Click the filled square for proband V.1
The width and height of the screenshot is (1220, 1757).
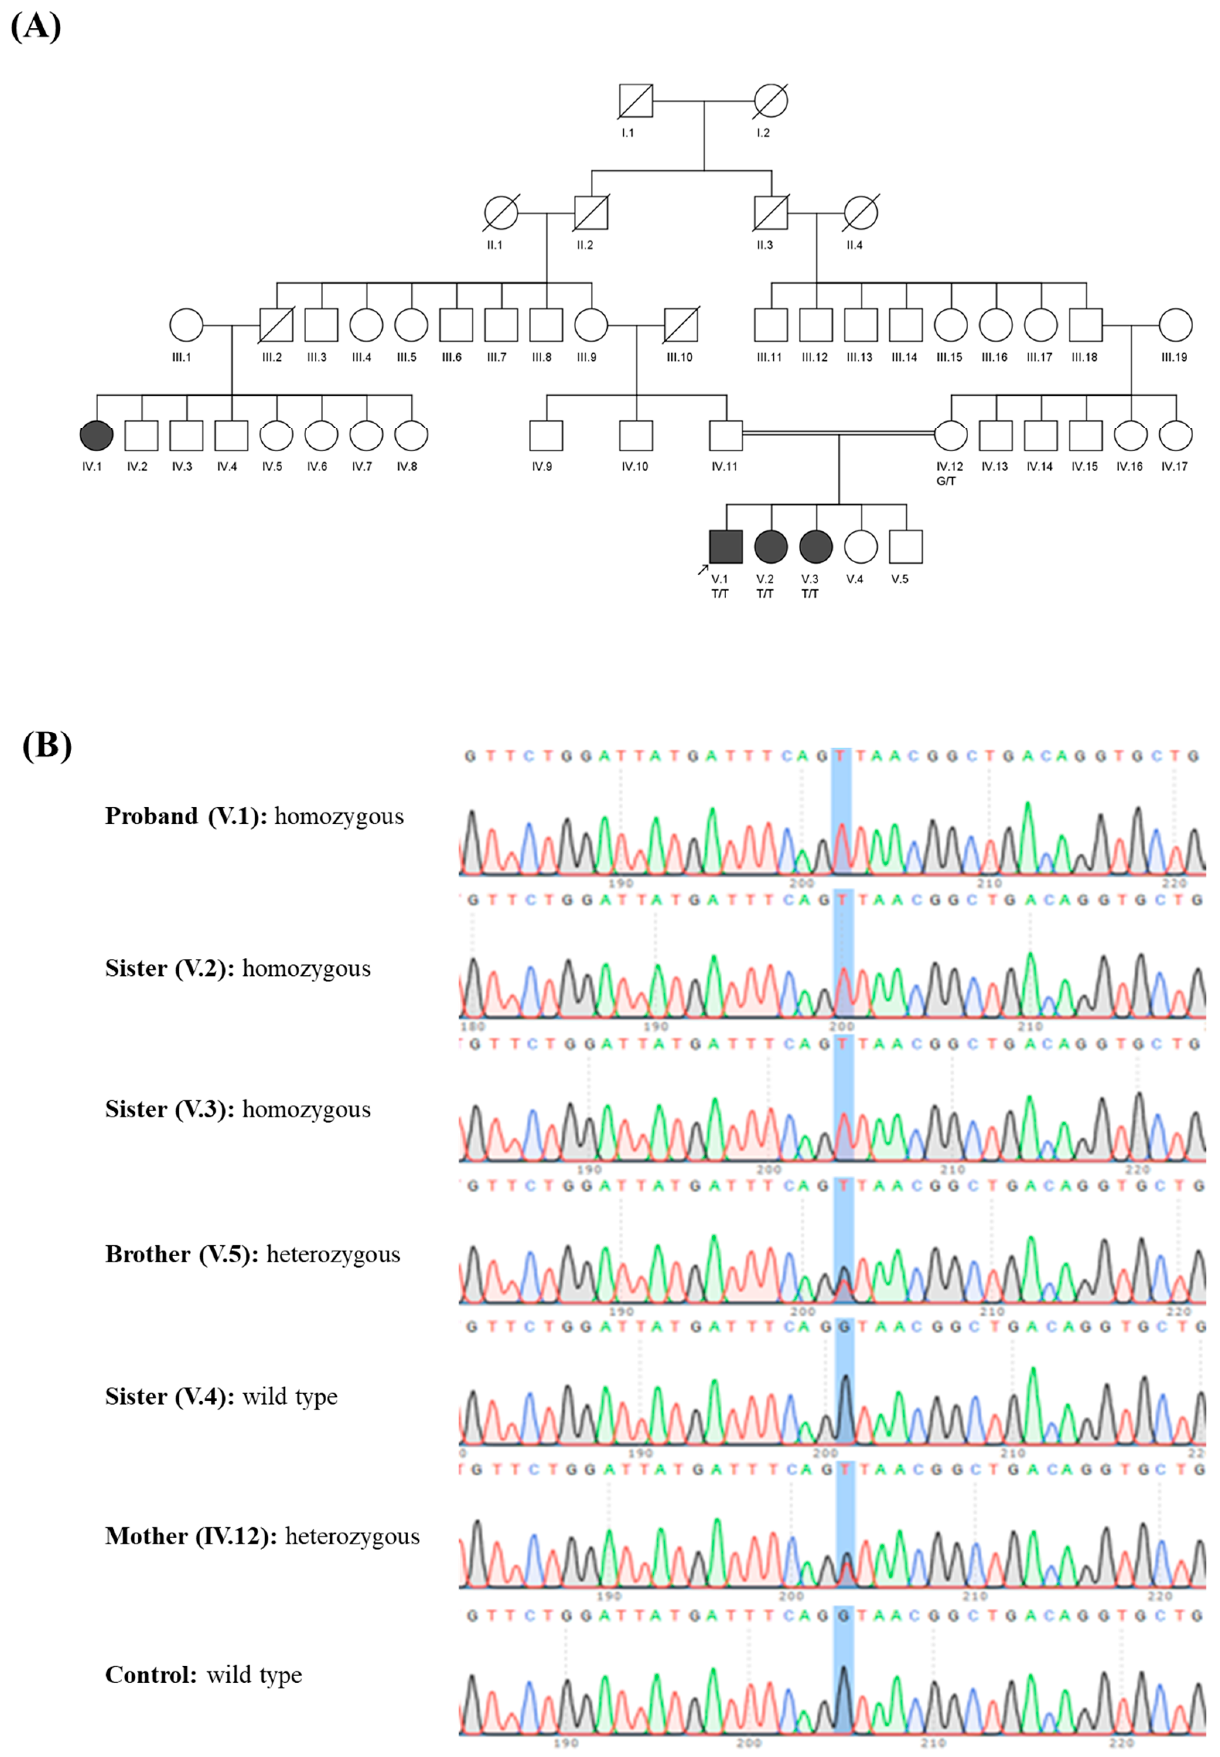coord(725,546)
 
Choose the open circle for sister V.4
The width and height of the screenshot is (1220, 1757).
coord(861,546)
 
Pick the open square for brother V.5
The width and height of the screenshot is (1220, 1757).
coord(906,546)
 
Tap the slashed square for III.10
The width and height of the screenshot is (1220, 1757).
coord(680,325)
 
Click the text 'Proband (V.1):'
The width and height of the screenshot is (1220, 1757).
coord(186,816)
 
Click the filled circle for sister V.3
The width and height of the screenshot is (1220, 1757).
coord(816,546)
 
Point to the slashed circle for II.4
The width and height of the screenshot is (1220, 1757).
coord(861,213)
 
